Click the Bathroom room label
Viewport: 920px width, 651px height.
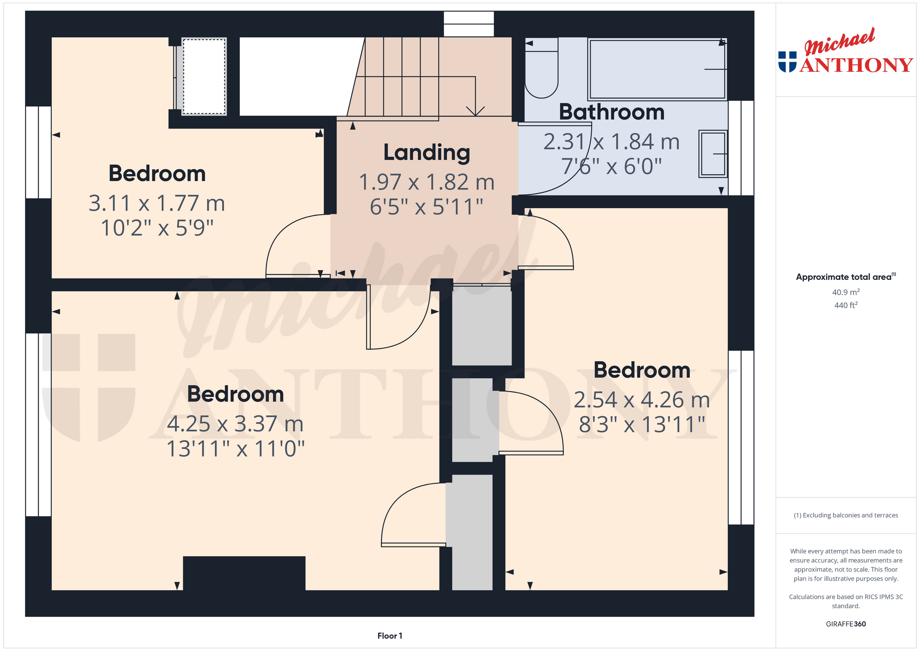[612, 112]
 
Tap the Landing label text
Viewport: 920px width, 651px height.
[427, 152]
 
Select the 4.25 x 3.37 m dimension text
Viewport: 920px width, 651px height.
[235, 424]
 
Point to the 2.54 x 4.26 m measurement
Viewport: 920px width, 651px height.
[642, 400]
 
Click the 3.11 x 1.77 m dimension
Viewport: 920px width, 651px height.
[157, 203]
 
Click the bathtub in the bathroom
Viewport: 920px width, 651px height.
[657, 69]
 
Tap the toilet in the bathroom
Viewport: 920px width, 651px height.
[541, 68]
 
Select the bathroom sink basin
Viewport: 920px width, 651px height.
[713, 154]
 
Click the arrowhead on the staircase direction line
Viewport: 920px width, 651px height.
[475, 111]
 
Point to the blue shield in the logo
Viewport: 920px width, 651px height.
[787, 62]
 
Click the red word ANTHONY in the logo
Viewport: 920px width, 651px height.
[856, 65]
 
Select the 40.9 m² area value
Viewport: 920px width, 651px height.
[846, 292]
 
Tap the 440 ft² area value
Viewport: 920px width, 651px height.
[846, 305]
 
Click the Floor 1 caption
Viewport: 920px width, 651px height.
[390, 636]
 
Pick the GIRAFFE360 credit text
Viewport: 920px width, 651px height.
[846, 624]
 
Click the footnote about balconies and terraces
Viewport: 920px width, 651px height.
[846, 515]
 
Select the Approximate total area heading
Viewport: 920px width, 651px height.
[846, 277]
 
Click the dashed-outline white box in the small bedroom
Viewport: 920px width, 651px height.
[204, 76]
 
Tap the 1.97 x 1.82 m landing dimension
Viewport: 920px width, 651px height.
[427, 182]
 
